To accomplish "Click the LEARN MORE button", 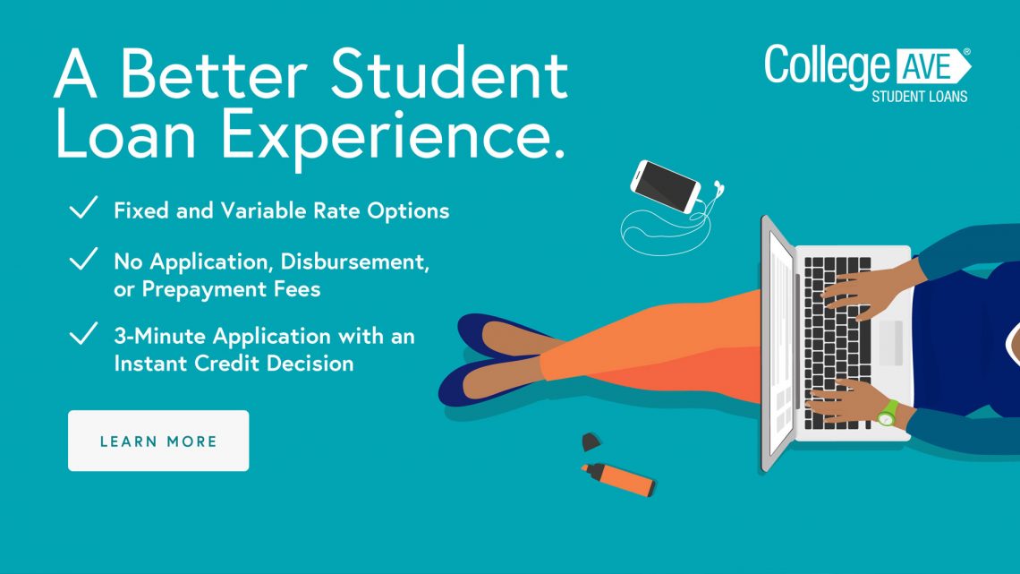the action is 158,441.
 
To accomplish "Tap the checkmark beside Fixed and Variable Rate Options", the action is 83,208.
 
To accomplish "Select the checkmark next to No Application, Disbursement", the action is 83,259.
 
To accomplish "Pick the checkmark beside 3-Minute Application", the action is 83,333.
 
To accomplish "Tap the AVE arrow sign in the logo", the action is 933,66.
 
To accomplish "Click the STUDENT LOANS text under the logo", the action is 920,97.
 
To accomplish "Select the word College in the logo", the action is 827,65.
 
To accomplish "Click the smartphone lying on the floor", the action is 666,186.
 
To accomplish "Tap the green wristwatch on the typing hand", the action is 888,413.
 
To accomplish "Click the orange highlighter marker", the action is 618,479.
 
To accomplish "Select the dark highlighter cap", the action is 591,442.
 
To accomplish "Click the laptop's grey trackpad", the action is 890,343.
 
